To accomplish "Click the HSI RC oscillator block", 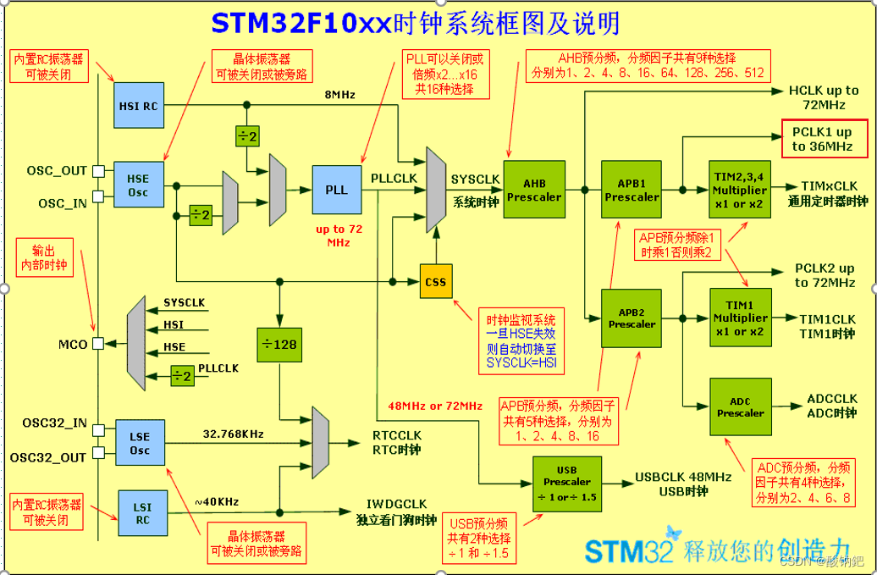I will pos(138,106).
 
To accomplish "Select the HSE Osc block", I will pos(138,185).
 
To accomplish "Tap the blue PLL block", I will pos(336,190).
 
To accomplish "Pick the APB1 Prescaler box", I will pos(632,190).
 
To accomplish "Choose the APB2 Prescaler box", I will pos(632,318).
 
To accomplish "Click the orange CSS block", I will pos(436,281).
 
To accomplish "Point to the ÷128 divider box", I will pos(279,345).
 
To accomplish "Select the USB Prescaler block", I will pos(566,483).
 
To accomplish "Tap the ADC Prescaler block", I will pos(740,407).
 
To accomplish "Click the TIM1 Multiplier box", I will pos(740,318).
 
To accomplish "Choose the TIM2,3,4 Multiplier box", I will pos(740,190).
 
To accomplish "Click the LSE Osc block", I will pos(140,443).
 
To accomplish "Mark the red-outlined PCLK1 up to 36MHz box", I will pos(823,140).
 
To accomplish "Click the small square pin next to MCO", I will pos(99,344).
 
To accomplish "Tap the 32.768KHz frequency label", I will pos(233,434).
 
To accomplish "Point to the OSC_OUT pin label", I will pos(57,170).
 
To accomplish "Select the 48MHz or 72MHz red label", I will pos(435,406).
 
